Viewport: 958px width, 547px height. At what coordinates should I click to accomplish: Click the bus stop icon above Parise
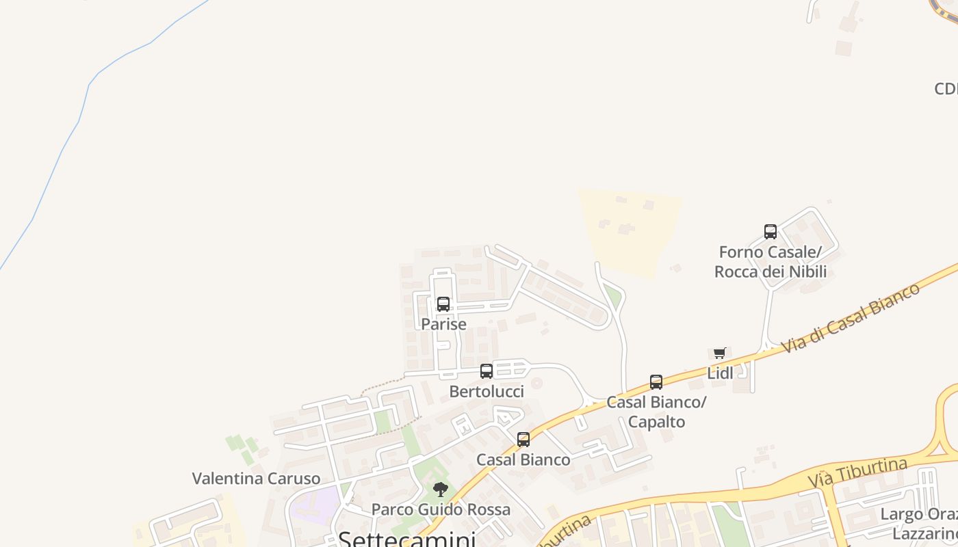(x=443, y=304)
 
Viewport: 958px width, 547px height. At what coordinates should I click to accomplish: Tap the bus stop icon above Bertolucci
(x=487, y=371)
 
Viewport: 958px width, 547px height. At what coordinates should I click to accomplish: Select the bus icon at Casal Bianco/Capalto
(x=656, y=382)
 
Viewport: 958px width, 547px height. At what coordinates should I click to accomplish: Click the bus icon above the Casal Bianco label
(x=523, y=440)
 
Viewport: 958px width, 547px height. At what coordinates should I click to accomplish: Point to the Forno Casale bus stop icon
(x=771, y=232)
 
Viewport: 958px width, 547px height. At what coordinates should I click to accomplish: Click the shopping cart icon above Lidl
(x=720, y=353)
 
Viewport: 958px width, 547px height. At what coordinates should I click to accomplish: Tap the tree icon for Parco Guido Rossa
(x=441, y=490)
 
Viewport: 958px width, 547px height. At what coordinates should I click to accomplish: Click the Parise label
(x=443, y=324)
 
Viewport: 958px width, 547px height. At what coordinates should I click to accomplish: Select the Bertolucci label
(x=487, y=392)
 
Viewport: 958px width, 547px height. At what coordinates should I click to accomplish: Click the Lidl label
(x=720, y=373)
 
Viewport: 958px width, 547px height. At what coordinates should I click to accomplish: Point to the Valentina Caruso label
(x=256, y=479)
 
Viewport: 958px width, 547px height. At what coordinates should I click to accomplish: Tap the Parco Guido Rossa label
(x=441, y=509)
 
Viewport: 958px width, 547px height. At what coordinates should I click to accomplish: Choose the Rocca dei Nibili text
(x=771, y=271)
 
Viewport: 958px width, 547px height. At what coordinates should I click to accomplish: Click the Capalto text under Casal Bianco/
(x=656, y=422)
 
